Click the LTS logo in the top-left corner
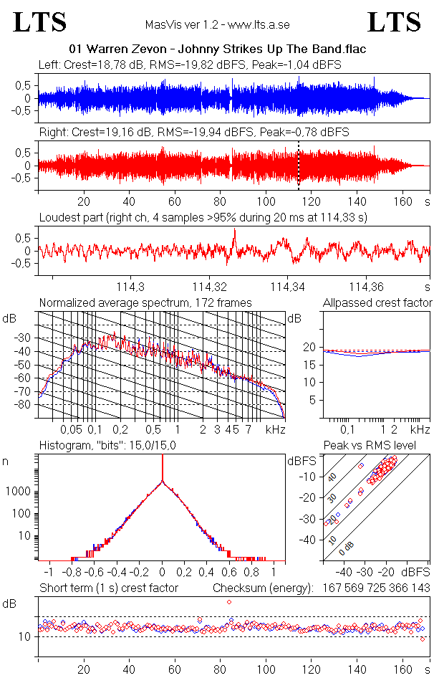tap(40, 22)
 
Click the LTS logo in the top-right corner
tap(394, 22)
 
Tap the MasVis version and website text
tap(216, 25)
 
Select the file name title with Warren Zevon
tap(216, 49)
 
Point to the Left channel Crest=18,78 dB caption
tap(190, 65)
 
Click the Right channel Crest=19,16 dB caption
tap(193, 133)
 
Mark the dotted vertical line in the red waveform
tap(299, 165)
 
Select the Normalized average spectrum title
tap(145, 303)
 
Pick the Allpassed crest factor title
tap(377, 303)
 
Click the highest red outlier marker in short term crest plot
tap(229, 602)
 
